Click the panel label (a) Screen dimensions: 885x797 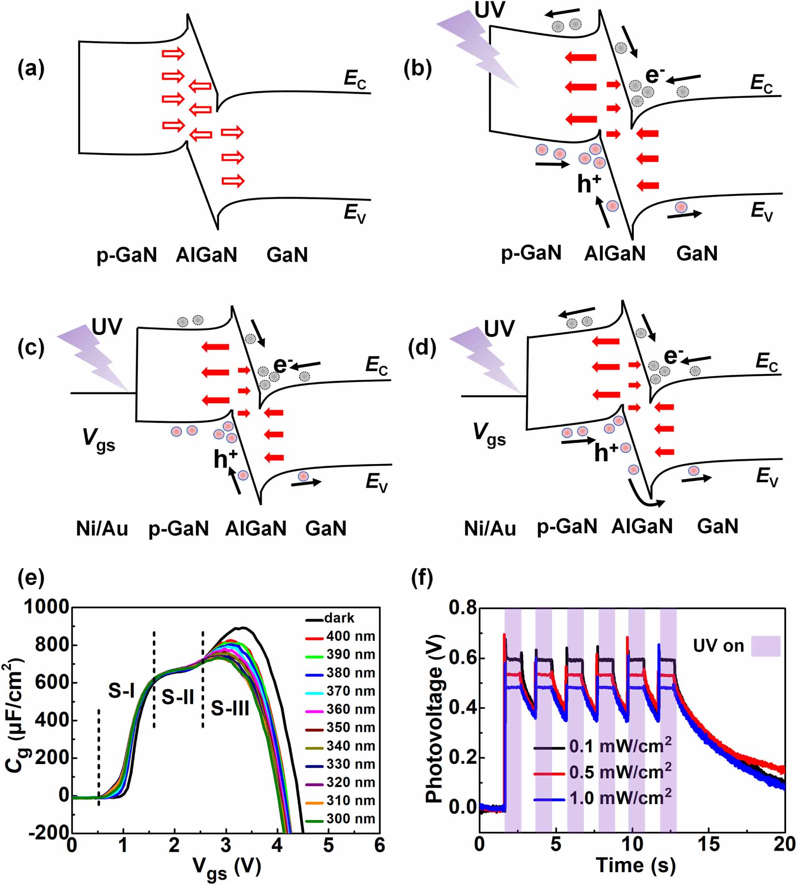tap(31, 69)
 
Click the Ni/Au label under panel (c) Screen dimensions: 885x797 tap(102, 529)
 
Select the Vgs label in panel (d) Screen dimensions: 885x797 tap(489, 434)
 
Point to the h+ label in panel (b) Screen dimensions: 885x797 tap(588, 184)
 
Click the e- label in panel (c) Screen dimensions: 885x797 tap(283, 365)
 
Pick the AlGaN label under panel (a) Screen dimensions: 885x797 tap(206, 254)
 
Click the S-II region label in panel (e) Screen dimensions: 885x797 tap(177, 697)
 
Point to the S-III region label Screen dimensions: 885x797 tap(230, 708)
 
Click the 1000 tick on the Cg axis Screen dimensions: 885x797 tap(47, 607)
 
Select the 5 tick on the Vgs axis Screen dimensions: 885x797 tap(328, 845)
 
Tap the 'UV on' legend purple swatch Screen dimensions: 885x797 tap(766, 646)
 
